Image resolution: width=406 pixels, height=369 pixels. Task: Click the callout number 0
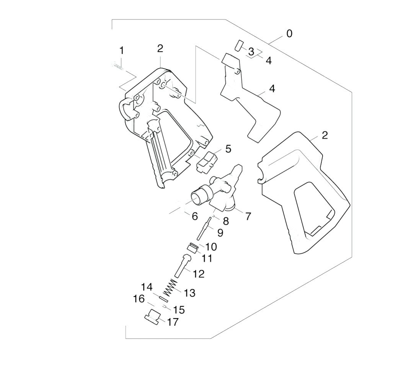coord(289,34)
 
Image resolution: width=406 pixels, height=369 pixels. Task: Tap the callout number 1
coord(121,51)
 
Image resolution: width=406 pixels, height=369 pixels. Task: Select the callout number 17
coord(173,322)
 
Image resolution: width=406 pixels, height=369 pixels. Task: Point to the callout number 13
coord(189,293)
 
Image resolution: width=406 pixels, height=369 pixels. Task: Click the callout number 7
coord(248,216)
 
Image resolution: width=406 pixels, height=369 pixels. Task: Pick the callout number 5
coord(228,149)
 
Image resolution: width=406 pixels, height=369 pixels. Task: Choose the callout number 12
coord(199,274)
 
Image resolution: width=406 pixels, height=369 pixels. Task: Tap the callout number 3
coord(251,52)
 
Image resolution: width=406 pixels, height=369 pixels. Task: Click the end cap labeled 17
coord(152,316)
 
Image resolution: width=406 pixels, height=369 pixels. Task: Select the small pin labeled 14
coord(164,299)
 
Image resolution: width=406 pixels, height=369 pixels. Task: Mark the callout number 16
coord(139,299)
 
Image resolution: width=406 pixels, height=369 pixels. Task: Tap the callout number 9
coord(220,233)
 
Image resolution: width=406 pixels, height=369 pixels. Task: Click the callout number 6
coord(195,216)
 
